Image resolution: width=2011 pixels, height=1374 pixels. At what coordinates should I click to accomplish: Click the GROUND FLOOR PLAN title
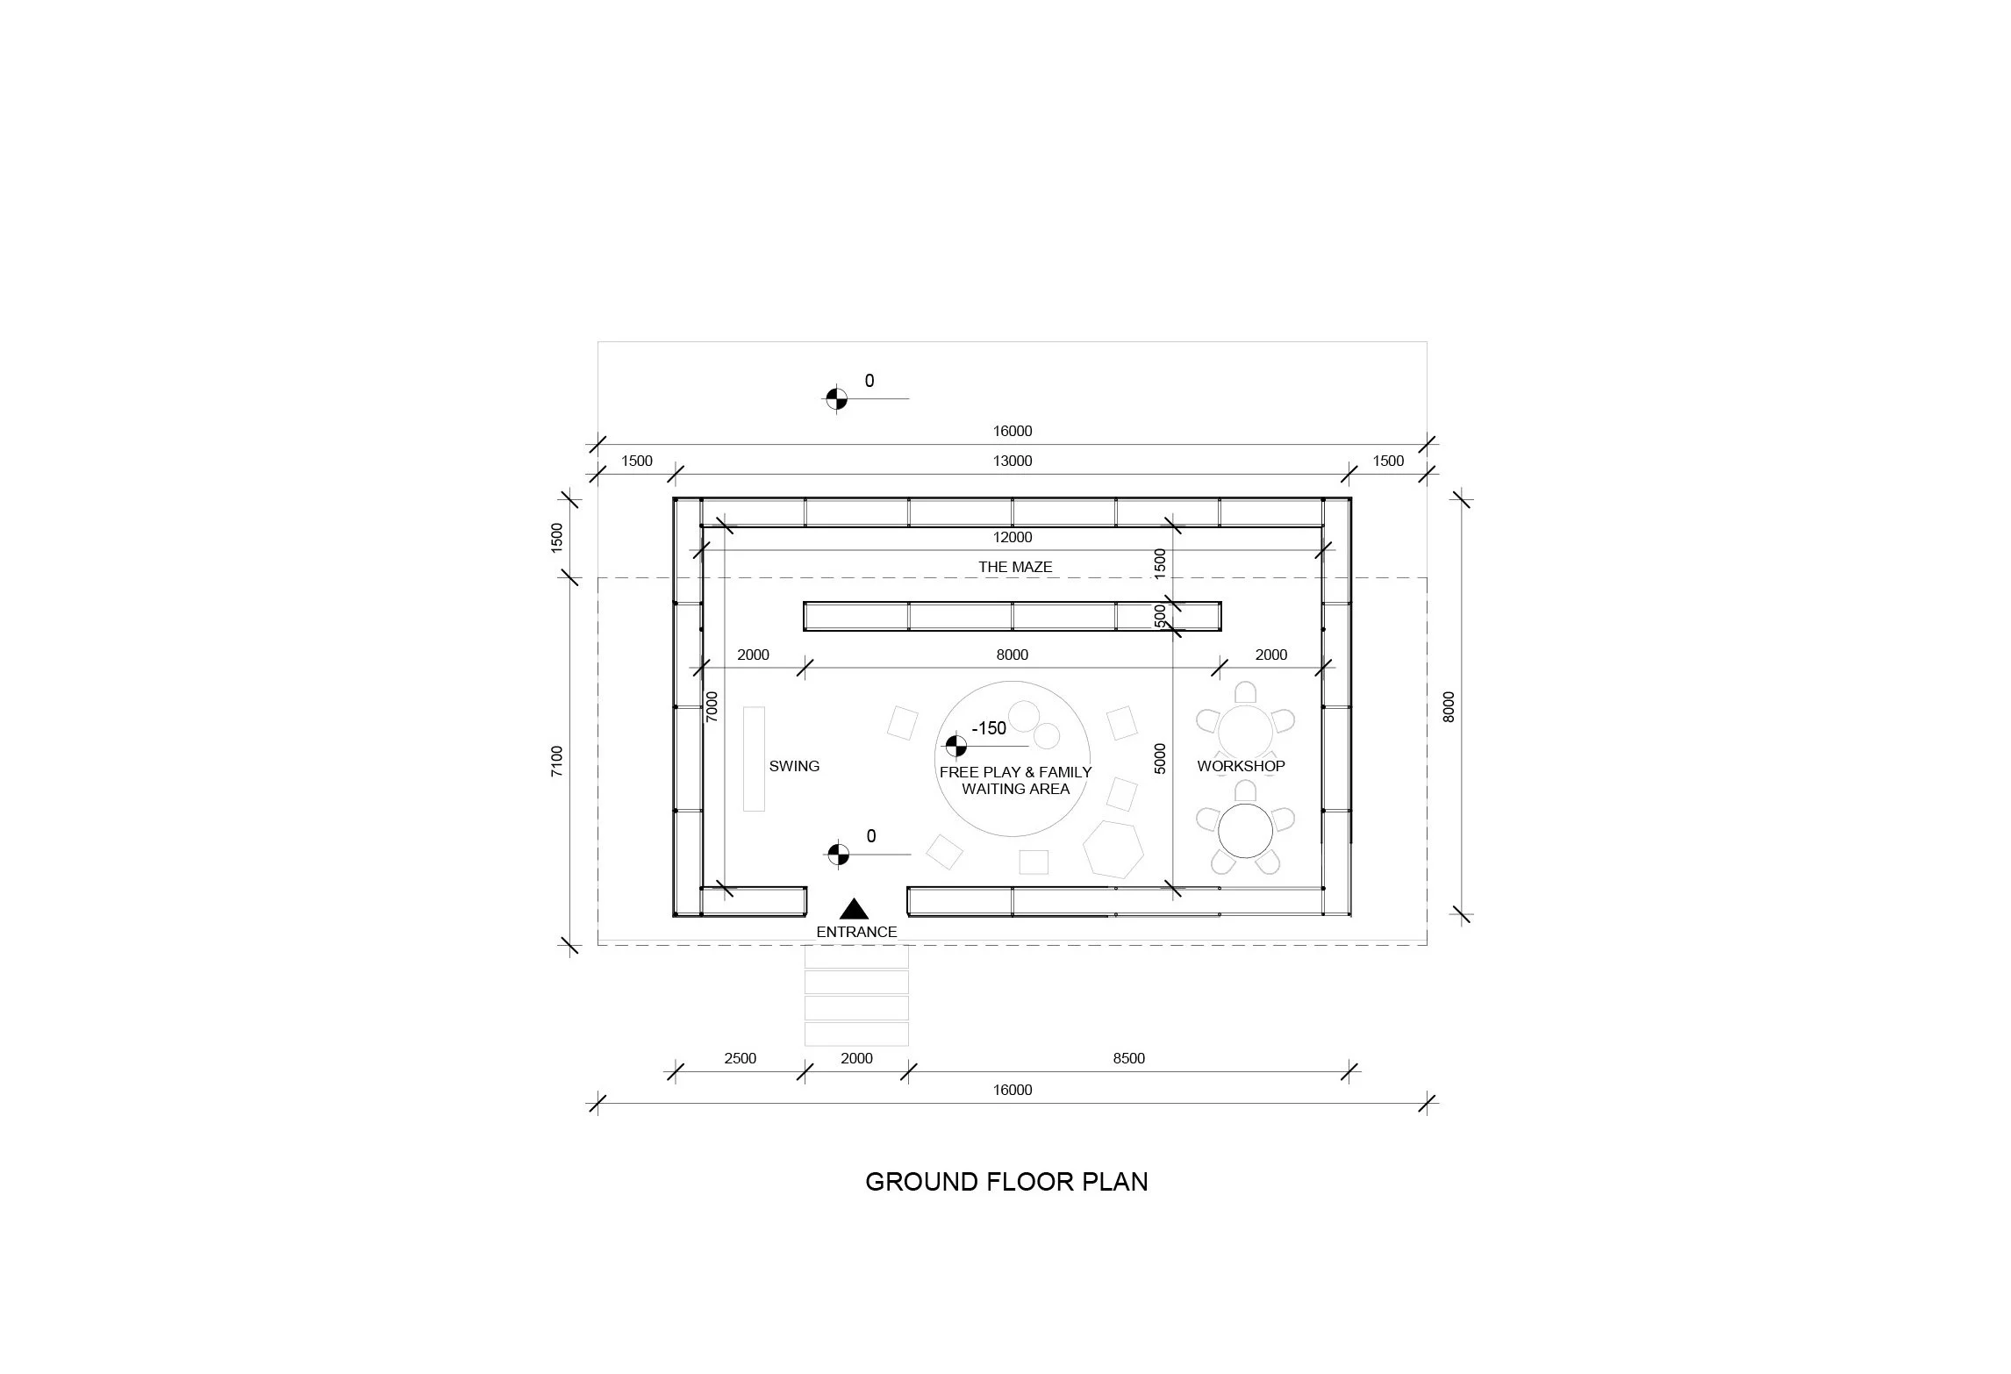point(1006,1182)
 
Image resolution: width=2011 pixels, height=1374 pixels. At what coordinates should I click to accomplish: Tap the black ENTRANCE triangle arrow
point(854,909)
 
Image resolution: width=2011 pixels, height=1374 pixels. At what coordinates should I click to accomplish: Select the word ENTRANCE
point(856,932)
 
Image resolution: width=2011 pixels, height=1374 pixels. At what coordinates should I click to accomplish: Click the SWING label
point(794,766)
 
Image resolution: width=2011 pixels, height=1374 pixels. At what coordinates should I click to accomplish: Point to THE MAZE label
point(1015,567)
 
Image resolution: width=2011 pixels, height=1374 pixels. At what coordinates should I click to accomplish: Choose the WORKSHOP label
point(1241,766)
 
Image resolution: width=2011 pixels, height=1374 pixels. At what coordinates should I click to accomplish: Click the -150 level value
point(989,728)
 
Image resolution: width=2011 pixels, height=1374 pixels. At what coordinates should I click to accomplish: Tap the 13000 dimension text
point(1013,461)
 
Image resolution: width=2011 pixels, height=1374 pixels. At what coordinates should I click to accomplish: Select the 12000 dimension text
point(1013,537)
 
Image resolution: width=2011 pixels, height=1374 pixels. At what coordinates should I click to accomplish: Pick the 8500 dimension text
point(1129,1058)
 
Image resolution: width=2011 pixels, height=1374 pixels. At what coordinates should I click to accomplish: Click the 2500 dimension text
point(740,1058)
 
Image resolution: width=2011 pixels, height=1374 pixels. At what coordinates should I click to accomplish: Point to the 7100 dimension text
point(557,762)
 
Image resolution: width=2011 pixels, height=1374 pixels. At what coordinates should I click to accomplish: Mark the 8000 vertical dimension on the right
point(1449,707)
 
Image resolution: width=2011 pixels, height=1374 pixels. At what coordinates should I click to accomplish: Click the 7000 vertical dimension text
point(712,707)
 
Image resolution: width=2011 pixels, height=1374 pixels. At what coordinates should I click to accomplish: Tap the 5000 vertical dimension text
point(1160,758)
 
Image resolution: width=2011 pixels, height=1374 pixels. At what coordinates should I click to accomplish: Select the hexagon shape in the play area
point(1113,849)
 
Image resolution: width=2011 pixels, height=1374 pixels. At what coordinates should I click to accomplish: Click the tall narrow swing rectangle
point(754,759)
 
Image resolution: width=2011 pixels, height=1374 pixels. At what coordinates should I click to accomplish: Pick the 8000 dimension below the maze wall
point(1013,655)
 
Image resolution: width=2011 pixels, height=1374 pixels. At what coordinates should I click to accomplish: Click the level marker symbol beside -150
point(955,747)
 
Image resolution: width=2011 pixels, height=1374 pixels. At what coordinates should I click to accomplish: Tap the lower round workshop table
point(1244,831)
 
